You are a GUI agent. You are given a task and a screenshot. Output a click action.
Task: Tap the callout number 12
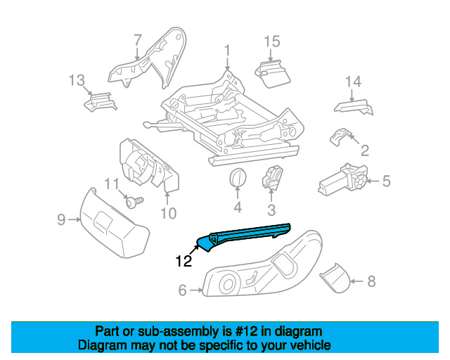coord(184,261)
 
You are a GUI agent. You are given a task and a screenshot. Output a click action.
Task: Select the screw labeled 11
coord(134,202)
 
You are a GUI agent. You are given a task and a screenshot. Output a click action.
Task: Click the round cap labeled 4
coord(238,178)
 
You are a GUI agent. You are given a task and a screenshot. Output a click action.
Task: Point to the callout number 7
coord(138,40)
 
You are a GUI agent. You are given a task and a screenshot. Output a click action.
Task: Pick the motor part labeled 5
coord(343,180)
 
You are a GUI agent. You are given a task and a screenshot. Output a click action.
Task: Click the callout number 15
coord(272,41)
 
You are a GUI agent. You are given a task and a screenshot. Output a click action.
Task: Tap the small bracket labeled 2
coord(340,136)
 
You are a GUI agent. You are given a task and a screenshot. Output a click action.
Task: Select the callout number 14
coord(353,82)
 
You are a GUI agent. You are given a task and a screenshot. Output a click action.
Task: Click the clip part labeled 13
coord(100,102)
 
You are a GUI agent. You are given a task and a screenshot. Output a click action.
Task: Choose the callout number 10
coord(169,213)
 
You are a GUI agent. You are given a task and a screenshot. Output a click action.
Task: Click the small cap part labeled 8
coord(335,277)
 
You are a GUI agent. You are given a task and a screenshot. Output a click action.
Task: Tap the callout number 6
coord(183,290)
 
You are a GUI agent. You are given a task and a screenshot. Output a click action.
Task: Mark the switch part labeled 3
coord(272,178)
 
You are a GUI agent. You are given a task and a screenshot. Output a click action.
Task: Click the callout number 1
coord(227,50)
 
